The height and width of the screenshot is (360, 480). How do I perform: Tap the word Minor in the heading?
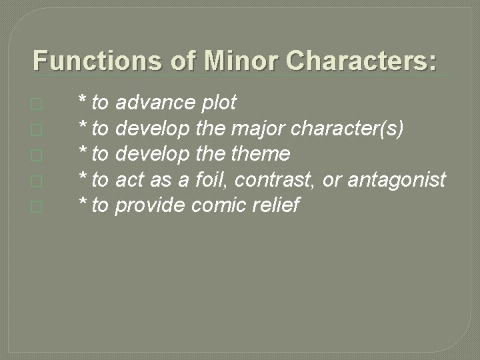coord(243,61)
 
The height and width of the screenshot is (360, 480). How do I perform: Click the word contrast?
coord(272,180)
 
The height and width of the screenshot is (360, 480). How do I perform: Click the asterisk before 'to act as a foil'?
coord(82,177)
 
